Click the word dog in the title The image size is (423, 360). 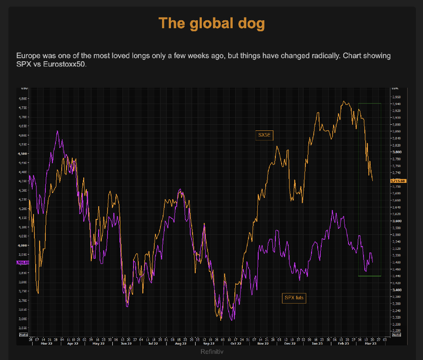pyautogui.click(x=249, y=23)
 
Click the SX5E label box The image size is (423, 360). pyautogui.click(x=264, y=135)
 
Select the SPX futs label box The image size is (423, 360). pyautogui.click(x=294, y=298)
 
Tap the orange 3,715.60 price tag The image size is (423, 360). pyautogui.click(x=398, y=181)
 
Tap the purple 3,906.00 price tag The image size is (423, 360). pyautogui.click(x=22, y=263)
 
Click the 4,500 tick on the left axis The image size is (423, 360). pyautogui.click(x=22, y=153)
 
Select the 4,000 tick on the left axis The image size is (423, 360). pyautogui.click(x=22, y=245)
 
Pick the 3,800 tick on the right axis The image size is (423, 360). pyautogui.click(x=397, y=152)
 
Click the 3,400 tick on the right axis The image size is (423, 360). pyautogui.click(x=397, y=290)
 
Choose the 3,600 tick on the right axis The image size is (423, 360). pyautogui.click(x=397, y=221)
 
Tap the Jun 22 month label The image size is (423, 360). pyautogui.click(x=126, y=343)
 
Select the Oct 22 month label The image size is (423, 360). pyautogui.click(x=236, y=343)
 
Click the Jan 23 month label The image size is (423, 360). pyautogui.click(x=317, y=343)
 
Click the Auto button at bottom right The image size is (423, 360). pyautogui.click(x=397, y=335)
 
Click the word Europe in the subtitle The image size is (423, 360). pyautogui.click(x=28, y=56)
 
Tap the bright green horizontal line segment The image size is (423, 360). pyautogui.click(x=370, y=276)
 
